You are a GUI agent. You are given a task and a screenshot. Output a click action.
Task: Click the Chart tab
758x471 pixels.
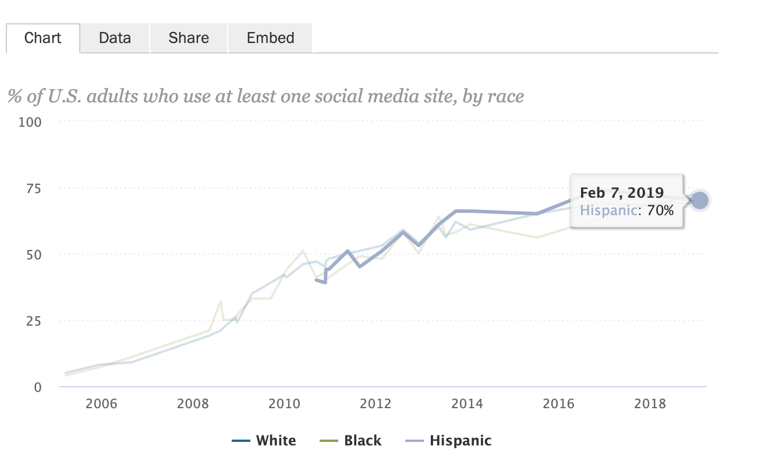point(42,38)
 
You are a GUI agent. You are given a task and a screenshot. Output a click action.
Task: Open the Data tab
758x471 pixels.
point(115,38)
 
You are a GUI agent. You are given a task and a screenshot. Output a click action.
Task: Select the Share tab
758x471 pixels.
point(189,38)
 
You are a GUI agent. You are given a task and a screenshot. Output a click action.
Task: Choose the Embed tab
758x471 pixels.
point(270,38)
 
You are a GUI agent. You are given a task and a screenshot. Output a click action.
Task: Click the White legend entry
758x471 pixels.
point(275,441)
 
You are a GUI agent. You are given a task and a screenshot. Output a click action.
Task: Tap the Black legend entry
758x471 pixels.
point(362,441)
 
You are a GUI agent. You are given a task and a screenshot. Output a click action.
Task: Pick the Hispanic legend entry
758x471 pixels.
point(460,441)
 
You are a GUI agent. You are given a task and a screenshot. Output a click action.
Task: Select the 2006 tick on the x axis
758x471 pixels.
point(102,404)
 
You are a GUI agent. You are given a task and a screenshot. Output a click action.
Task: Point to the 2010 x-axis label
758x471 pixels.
point(284,404)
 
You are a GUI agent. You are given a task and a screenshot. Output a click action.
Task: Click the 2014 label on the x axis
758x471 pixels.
point(466,404)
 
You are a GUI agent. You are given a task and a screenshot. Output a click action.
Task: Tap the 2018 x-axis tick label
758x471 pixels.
point(649,404)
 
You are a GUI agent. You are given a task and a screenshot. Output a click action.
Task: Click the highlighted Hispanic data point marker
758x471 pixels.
point(699,201)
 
